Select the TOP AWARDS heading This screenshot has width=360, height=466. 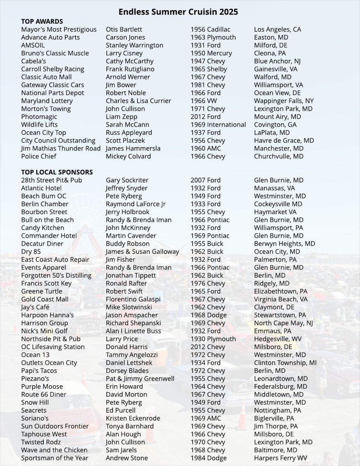[42, 21]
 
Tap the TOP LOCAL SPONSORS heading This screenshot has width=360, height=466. [57, 172]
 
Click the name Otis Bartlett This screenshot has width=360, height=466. [124, 30]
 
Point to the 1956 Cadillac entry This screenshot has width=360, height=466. [210, 30]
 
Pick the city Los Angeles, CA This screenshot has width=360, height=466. [277, 30]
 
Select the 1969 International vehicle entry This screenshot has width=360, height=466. [218, 125]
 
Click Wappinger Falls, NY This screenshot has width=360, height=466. [284, 101]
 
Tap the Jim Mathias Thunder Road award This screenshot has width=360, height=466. [61, 148]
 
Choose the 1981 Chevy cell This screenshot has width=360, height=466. [207, 85]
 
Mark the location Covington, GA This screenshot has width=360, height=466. [275, 125]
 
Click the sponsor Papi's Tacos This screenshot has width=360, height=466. [39, 371]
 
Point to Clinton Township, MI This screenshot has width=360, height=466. [285, 363]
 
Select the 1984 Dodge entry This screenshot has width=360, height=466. [208, 458]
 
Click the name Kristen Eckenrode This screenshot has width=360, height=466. [133, 418]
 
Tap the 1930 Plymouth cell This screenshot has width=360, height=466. [213, 339]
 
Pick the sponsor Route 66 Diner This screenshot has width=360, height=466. [43, 395]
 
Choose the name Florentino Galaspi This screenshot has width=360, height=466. [133, 299]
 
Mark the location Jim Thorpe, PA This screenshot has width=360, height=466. [276, 426]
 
